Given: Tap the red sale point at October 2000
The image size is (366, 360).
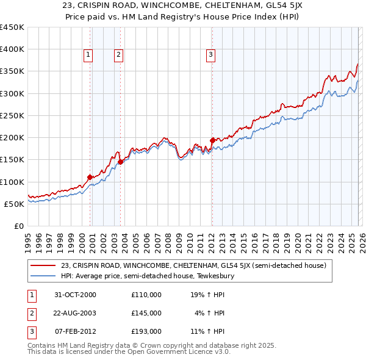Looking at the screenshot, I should [90, 177].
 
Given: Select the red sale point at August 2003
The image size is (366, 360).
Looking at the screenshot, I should [121, 162].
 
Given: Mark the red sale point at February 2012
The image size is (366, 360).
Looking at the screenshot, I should [212, 140].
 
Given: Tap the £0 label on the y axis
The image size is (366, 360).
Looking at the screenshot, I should [18, 226].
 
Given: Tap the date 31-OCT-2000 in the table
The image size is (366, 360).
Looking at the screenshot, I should [76, 295].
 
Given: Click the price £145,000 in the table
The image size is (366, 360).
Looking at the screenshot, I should [146, 313].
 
